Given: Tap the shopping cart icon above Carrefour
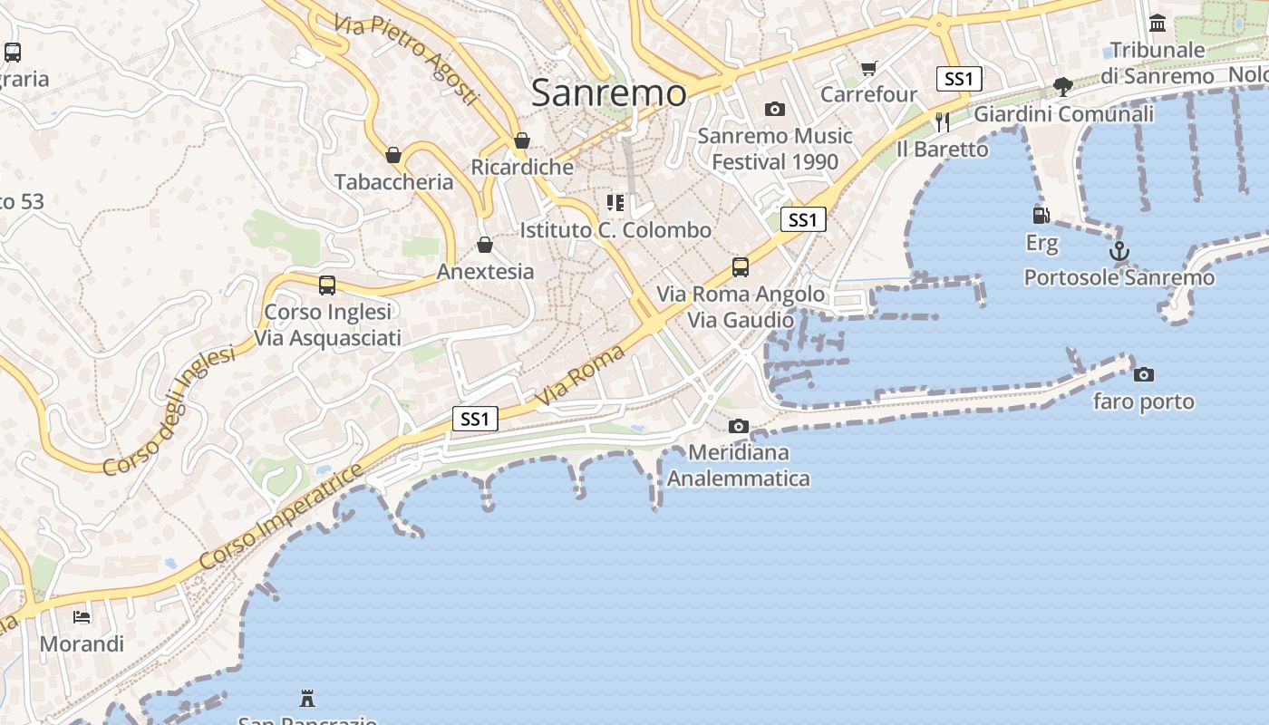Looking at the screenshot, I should point(869,68).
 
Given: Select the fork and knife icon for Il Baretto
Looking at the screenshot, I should point(943,121).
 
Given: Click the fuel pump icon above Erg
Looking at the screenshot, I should point(1041,216).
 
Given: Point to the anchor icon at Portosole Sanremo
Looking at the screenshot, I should point(1119,251).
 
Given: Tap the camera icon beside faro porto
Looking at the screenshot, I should point(1144,374).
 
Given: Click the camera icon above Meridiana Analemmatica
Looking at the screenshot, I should point(739,426).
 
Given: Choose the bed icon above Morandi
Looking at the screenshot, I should point(82,617).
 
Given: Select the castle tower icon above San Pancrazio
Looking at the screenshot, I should point(307,698).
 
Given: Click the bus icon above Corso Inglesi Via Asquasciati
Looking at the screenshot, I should point(327,285).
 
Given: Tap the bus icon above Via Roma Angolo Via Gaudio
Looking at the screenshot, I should point(741,267).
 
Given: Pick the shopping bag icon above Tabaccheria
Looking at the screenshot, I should point(393,156).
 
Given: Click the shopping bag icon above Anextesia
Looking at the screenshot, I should point(485,245).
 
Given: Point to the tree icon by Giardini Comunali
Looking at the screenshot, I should point(1063,87).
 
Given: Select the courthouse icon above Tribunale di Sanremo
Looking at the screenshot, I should point(1158,23).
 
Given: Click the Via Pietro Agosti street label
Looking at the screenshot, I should point(405,59).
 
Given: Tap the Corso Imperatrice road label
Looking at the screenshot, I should point(281,517).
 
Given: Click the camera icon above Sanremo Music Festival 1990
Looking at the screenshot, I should point(775,110).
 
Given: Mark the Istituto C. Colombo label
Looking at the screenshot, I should point(615,230).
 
